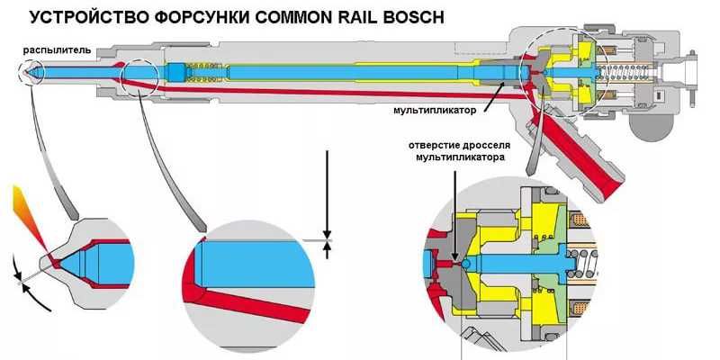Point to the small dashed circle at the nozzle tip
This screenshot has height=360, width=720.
33,72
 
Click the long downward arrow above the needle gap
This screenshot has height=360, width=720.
327,193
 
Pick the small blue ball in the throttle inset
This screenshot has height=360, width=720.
465,264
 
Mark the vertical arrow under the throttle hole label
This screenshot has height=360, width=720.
457,207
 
